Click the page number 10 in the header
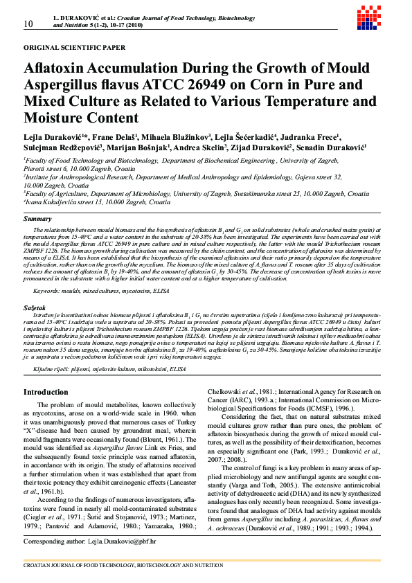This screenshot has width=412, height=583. (x=28, y=24)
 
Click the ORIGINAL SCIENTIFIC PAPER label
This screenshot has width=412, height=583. (x=75, y=48)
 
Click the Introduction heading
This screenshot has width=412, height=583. (x=46, y=393)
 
